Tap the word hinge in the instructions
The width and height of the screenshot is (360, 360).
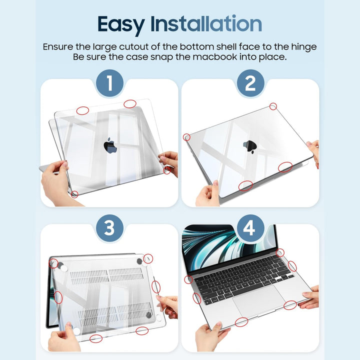point(301,46)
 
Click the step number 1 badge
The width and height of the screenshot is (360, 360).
point(109,83)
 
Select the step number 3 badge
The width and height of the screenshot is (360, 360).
point(109,228)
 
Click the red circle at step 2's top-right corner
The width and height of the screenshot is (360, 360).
point(273,106)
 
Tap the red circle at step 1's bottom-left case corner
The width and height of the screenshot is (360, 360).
point(74,194)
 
